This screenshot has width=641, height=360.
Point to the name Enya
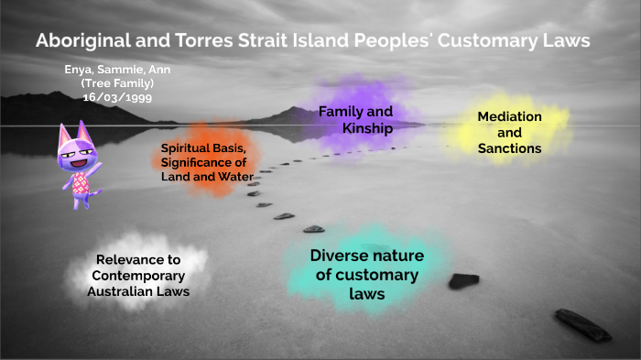81,69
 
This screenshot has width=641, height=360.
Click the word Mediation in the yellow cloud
509,117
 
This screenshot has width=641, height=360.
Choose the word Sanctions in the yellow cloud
509,147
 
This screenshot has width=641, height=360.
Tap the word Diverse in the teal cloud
340,256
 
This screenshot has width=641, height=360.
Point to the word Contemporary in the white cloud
136,276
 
